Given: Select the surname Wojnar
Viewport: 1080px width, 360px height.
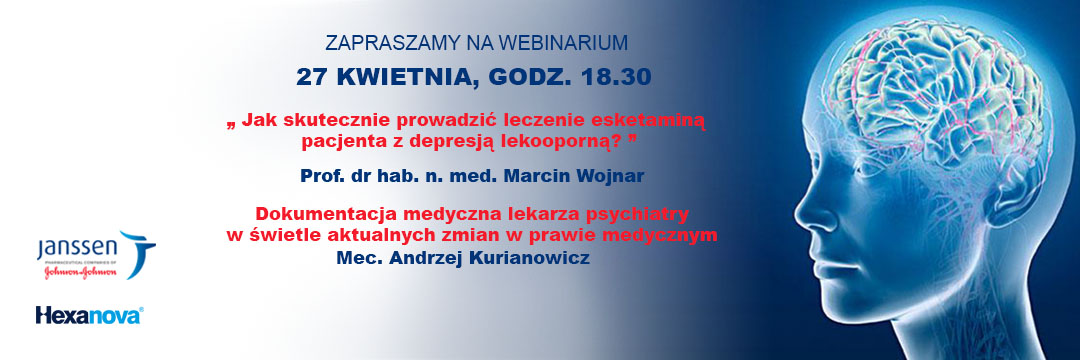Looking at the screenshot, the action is (610, 176).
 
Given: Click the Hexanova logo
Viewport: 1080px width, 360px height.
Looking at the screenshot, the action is (89, 315).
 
